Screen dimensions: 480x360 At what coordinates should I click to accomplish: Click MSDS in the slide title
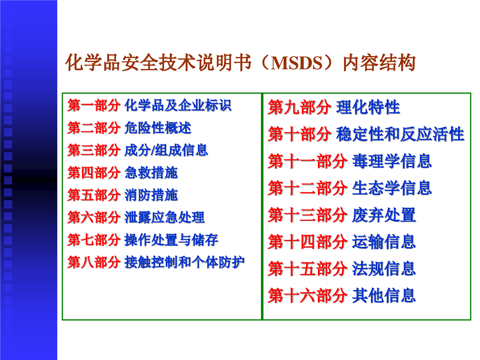(297, 63)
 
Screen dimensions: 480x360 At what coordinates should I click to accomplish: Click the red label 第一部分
(94, 106)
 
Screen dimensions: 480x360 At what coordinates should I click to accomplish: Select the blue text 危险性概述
(158, 128)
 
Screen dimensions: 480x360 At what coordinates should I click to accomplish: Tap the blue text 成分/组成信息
(166, 150)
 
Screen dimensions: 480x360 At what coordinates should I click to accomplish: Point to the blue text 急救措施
(151, 173)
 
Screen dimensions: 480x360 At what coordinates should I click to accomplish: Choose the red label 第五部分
(94, 195)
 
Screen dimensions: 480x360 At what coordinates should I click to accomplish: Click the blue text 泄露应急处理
(165, 217)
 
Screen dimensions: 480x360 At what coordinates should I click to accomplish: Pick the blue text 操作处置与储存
(171, 240)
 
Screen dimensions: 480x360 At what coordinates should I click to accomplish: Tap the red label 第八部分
(94, 262)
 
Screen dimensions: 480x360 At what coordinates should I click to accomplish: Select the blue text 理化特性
(368, 107)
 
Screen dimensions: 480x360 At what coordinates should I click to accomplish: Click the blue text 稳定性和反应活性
(400, 134)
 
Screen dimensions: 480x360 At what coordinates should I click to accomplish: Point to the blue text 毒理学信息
(392, 161)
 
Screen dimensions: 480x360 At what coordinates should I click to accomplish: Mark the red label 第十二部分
(308, 188)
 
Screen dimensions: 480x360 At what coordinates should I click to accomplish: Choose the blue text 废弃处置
(384, 215)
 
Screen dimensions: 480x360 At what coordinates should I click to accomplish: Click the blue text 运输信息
(384, 242)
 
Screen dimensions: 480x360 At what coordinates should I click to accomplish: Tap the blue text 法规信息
(384, 269)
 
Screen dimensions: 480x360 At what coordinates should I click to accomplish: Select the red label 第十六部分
(308, 296)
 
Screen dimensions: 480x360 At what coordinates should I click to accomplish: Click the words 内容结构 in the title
(379, 63)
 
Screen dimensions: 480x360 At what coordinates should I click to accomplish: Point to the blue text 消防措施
(151, 195)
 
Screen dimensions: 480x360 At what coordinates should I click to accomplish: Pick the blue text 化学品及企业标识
(178, 106)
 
